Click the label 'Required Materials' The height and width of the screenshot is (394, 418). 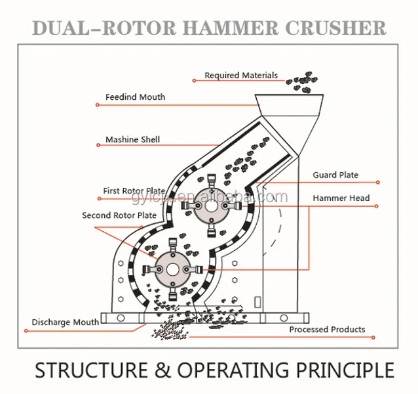tap(241, 76)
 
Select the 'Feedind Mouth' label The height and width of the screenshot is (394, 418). tap(135, 97)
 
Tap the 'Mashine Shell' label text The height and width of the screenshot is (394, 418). tap(132, 140)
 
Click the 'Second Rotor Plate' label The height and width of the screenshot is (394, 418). tap(119, 215)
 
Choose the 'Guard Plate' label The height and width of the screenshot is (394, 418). tap(335, 175)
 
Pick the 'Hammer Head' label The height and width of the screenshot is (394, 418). tap(341, 198)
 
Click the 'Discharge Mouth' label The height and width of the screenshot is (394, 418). tap(66, 322)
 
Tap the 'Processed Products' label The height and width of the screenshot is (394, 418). tap(328, 329)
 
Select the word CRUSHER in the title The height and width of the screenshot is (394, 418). tap(341, 28)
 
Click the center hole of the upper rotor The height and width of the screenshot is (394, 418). tap(210, 206)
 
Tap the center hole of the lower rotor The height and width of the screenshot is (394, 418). tap(172, 269)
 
